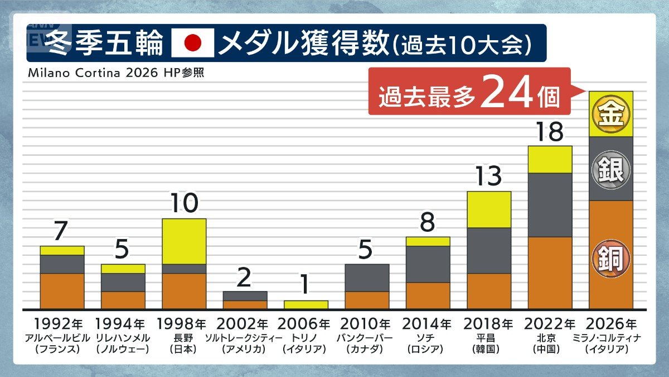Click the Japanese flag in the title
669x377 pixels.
192,43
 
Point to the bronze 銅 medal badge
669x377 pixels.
611,258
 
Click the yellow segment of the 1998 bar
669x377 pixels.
184,241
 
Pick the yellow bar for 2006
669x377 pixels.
306,305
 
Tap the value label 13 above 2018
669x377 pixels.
488,177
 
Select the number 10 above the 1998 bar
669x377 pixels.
184,204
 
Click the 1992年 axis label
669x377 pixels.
62,324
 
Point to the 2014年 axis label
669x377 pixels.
428,324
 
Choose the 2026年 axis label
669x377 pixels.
611,324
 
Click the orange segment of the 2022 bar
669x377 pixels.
550,273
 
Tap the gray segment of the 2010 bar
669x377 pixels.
367,278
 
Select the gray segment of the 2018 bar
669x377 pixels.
488,250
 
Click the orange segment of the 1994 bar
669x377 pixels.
123,300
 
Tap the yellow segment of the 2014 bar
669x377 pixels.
428,241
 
